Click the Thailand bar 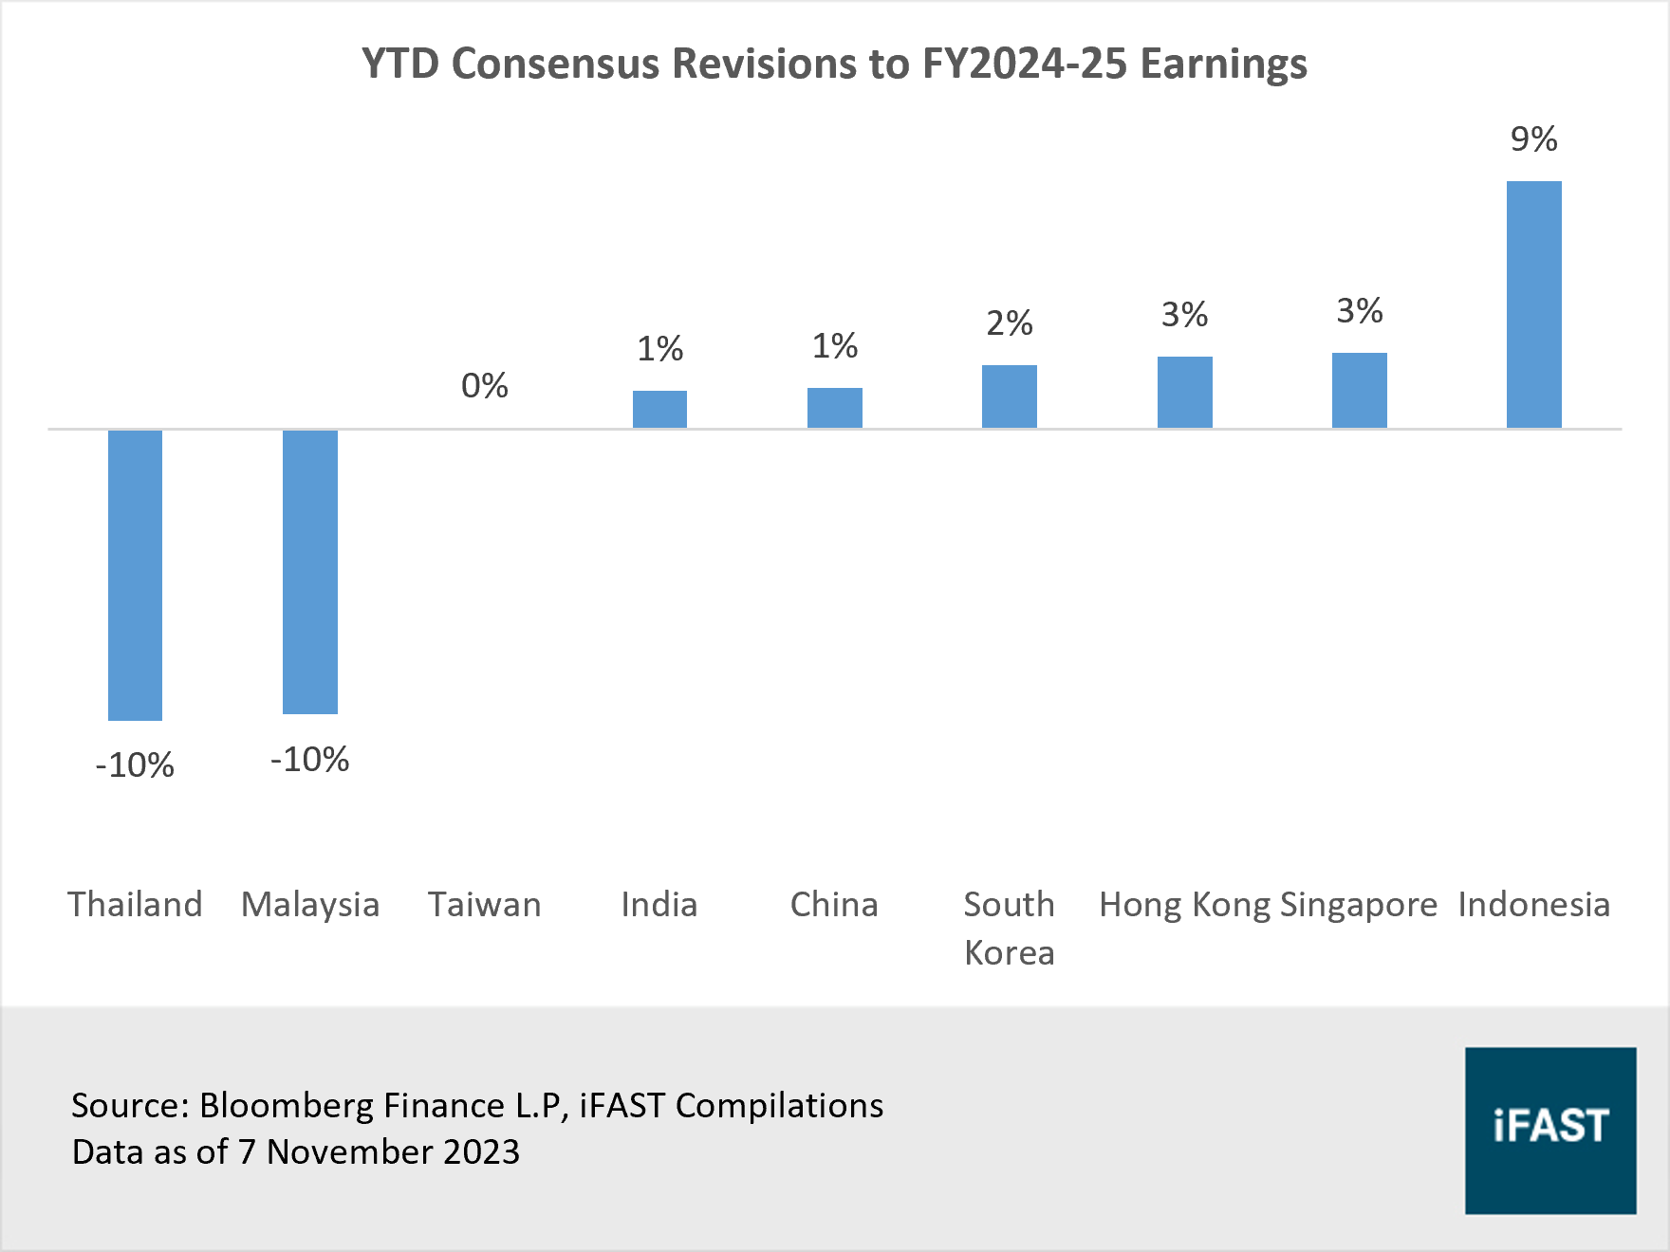135,575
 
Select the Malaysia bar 310,571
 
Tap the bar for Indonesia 1533,304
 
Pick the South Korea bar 1009,396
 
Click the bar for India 659,409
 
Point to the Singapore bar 1359,390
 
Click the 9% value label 1533,139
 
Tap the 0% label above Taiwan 484,386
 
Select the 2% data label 1009,323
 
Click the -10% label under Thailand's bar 135,765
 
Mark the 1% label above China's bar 834,346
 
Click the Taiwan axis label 484,904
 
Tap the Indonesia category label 1533,904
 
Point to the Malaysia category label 310,904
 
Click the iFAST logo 1549,1130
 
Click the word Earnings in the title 1223,64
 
